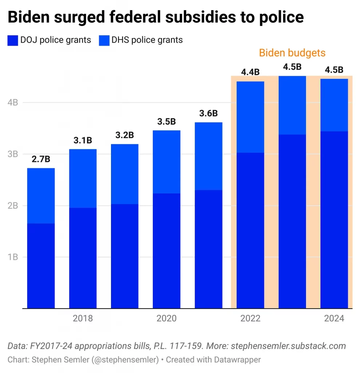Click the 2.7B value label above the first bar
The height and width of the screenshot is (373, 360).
tap(41, 159)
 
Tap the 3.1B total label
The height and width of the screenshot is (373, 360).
tap(83, 140)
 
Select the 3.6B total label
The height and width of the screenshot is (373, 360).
tap(208, 113)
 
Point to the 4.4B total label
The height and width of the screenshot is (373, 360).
tap(250, 72)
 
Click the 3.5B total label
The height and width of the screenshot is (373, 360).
tap(166, 122)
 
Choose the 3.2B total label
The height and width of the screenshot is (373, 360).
tap(124, 135)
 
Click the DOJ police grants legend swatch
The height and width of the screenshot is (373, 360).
tap(12, 40)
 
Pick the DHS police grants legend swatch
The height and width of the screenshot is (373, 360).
tap(104, 40)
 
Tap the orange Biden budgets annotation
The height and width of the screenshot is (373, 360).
tap(292, 53)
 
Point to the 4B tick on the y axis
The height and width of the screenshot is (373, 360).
tap(13, 103)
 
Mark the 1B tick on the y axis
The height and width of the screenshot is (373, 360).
tap(13, 257)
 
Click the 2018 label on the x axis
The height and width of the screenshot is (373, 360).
tap(83, 318)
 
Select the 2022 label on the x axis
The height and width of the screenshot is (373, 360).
tap(250, 318)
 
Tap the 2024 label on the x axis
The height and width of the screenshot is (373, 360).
tap(334, 318)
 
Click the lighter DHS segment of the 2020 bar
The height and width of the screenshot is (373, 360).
tap(166, 162)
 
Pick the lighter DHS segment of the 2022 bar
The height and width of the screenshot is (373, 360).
tap(250, 117)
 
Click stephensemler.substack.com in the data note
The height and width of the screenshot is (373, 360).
tap(288, 346)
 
